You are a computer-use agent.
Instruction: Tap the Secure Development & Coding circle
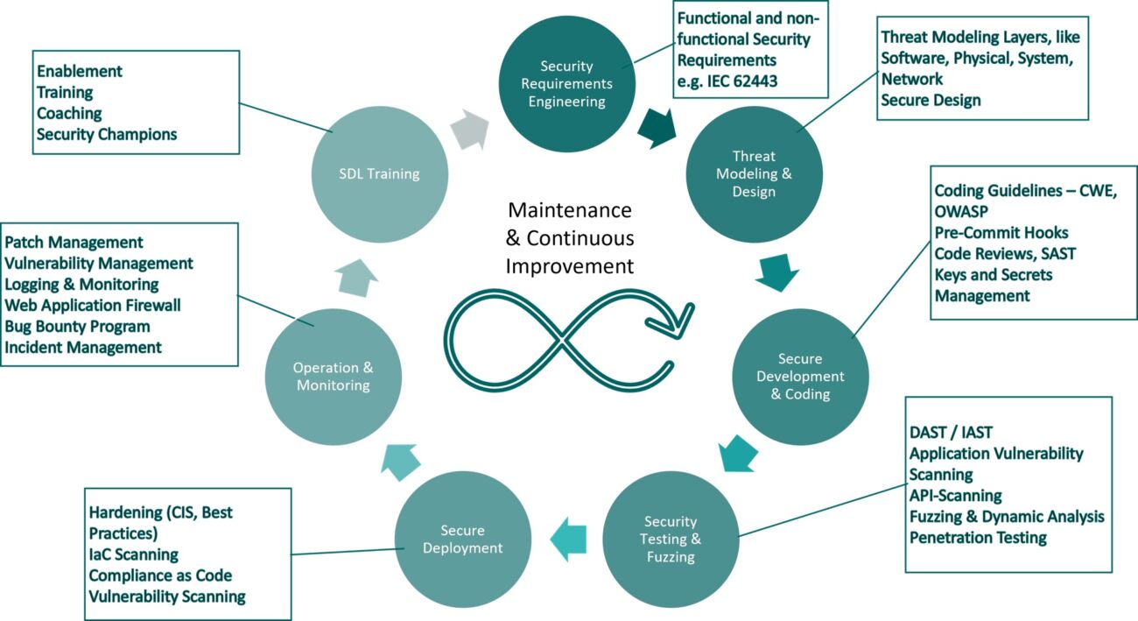click(799, 377)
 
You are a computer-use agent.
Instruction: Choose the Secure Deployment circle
click(462, 539)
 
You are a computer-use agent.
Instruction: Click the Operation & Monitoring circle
click(333, 377)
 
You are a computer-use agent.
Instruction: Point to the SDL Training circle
click(379, 173)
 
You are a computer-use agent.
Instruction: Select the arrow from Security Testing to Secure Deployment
click(568, 539)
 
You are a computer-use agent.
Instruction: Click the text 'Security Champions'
click(107, 134)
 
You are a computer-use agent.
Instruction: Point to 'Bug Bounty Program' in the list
click(77, 326)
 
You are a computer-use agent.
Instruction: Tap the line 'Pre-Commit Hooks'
click(1001, 232)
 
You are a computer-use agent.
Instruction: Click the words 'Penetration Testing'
click(978, 538)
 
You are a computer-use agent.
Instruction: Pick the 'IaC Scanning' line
click(133, 554)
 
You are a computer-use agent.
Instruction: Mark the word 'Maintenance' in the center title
click(570, 210)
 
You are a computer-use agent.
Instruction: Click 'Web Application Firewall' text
click(93, 305)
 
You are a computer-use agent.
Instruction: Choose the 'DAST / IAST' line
click(951, 432)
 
